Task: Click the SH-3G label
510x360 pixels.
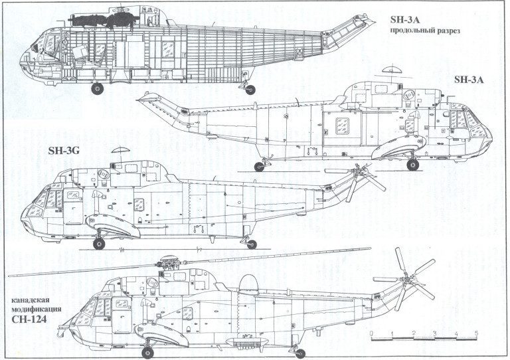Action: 64,151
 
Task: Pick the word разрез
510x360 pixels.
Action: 446,31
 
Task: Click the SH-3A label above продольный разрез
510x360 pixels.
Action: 406,18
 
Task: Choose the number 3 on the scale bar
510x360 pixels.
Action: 435,332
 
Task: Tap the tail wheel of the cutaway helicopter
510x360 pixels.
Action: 250,89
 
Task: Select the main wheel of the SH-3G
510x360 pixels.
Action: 100,244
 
